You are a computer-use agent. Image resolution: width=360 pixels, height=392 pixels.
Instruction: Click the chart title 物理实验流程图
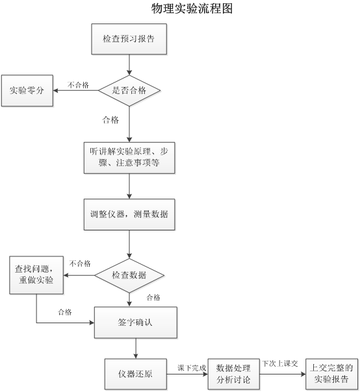pos(192,8)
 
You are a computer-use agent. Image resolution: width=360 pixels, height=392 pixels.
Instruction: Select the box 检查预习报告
pos(129,39)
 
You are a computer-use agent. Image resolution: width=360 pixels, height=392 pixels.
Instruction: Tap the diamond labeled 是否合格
pos(129,90)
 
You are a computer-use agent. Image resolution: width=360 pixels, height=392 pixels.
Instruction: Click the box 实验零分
pos(27,90)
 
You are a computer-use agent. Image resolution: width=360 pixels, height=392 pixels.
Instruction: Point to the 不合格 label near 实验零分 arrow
pos(78,85)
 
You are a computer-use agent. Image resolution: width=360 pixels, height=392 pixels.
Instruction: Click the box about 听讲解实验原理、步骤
pos(129,158)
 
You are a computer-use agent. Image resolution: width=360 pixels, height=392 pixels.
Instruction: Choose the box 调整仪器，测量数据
pos(129,215)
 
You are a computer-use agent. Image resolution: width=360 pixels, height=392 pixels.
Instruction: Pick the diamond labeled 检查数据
pos(129,275)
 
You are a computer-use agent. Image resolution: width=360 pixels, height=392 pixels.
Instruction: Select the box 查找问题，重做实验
pos(36,275)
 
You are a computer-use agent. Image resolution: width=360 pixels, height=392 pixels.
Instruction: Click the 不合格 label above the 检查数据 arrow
pos(80,263)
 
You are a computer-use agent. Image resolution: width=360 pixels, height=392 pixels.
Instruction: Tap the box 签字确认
pos(136,323)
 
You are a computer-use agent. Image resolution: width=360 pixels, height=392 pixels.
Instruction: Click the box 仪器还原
pos(136,374)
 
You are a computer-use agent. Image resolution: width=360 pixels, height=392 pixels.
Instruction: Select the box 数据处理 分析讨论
pos(233,374)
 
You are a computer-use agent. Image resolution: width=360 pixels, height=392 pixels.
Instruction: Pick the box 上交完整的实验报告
pos(331,374)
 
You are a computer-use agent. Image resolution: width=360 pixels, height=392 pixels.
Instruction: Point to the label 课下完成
pos(192,368)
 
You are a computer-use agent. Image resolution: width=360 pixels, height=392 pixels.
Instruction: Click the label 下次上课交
pos(280,363)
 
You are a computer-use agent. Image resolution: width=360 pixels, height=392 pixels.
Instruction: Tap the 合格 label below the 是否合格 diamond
pos(110,120)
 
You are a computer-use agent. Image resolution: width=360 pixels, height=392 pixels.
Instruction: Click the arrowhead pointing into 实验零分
pos(55,90)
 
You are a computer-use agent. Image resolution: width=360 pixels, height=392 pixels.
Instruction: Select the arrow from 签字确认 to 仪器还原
pos(136,349)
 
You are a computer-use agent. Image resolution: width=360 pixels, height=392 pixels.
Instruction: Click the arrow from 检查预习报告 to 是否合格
pos(129,65)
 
